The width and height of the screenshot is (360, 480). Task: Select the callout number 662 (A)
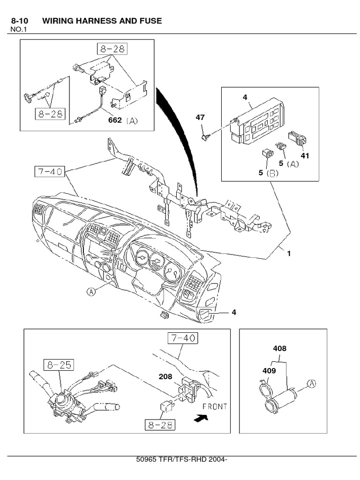pos(124,120)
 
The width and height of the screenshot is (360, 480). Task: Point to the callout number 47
pos(200,117)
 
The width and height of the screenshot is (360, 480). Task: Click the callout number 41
pos(305,155)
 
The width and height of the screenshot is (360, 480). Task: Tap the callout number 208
pos(165,376)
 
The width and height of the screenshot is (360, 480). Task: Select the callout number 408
pos(280,348)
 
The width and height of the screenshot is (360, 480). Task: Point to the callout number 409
pos(269,370)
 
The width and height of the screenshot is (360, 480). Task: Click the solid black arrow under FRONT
pos(201,417)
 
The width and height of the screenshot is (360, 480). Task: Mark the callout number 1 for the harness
pos(289,254)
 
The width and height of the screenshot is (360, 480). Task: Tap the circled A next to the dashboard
pos(91,292)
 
